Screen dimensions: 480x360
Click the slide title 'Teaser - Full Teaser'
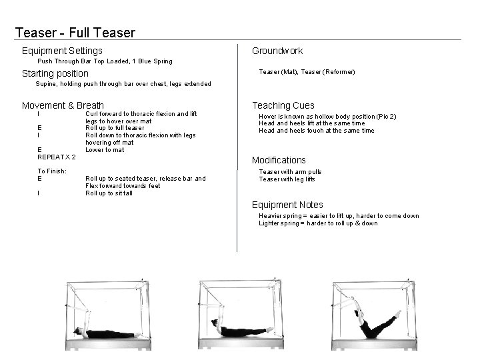pos(75,33)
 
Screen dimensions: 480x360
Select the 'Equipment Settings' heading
pos(62,51)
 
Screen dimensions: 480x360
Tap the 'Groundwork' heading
pos(277,51)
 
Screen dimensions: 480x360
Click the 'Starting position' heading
pos(55,73)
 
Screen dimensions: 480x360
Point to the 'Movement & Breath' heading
pos(63,105)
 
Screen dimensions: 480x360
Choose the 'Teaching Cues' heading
pos(283,105)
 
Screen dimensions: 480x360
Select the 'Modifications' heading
pos(279,160)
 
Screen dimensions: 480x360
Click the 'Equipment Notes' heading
pos(287,205)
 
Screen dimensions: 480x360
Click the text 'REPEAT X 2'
pos(56,157)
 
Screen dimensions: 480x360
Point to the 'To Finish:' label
pos(52,171)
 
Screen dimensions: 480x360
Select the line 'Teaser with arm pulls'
pos(290,172)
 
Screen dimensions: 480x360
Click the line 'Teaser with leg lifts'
pos(287,179)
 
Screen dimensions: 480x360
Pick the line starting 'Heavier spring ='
pos(339,216)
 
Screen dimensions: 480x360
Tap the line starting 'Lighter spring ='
pos(318,223)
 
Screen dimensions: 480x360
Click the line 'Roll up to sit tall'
pos(109,193)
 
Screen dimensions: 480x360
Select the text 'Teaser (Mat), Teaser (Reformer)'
pos(307,71)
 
